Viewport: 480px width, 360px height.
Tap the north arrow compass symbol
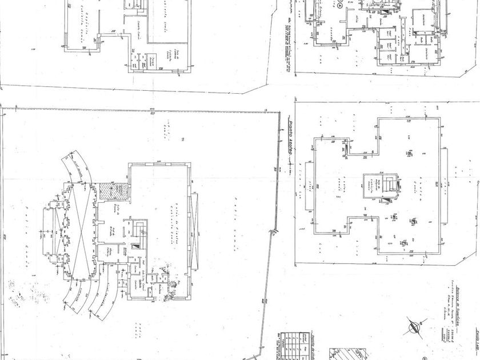tap(416, 327)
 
